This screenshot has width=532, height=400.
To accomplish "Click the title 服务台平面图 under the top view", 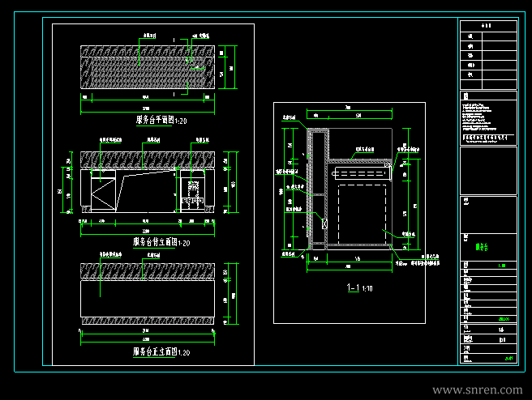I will coord(161,121).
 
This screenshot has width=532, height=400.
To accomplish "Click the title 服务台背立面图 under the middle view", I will coord(161,242).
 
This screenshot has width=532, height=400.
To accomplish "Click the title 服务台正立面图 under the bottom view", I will coord(161,352).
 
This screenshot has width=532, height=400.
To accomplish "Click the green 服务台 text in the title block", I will coord(481,245).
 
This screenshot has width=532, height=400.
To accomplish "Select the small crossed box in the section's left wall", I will coord(324,223).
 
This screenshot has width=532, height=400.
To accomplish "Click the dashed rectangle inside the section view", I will coord(363,214).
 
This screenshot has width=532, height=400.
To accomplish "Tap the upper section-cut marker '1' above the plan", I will coord(175,38).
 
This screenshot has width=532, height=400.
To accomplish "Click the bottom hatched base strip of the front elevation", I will coord(147,321).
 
